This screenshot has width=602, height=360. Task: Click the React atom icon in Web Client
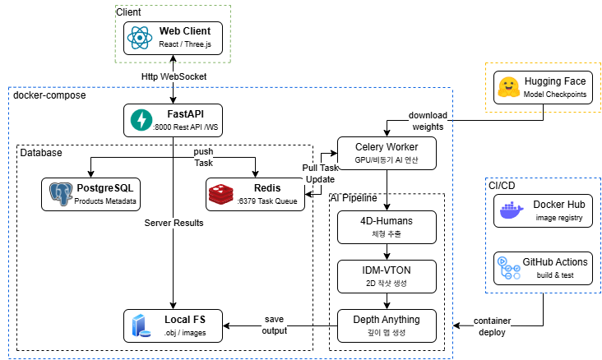point(140,38)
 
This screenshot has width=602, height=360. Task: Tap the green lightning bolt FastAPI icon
point(141,120)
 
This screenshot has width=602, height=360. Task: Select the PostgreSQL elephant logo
point(61,194)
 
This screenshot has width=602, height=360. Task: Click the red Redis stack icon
point(221,194)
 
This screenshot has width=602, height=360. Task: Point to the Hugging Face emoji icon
point(509,87)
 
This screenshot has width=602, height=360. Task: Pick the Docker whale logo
point(512,210)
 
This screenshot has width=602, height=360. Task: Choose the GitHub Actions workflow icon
point(509,268)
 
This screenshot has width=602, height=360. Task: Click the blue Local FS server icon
point(141,325)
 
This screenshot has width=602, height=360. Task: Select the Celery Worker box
point(387,153)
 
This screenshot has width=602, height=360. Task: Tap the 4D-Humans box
point(387,227)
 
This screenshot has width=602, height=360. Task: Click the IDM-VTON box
point(387,276)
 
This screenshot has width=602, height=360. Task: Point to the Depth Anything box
point(387,325)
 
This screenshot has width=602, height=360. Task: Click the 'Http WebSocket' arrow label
point(174,76)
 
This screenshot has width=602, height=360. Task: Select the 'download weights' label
point(428,121)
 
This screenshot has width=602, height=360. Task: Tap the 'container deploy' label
point(492,326)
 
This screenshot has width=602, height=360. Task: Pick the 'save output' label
point(274,325)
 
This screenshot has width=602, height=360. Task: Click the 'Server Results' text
point(174,223)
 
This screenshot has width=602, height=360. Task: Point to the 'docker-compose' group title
point(49,95)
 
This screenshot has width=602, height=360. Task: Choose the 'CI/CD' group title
point(502,186)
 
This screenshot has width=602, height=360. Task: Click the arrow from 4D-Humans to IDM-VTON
point(387,252)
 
